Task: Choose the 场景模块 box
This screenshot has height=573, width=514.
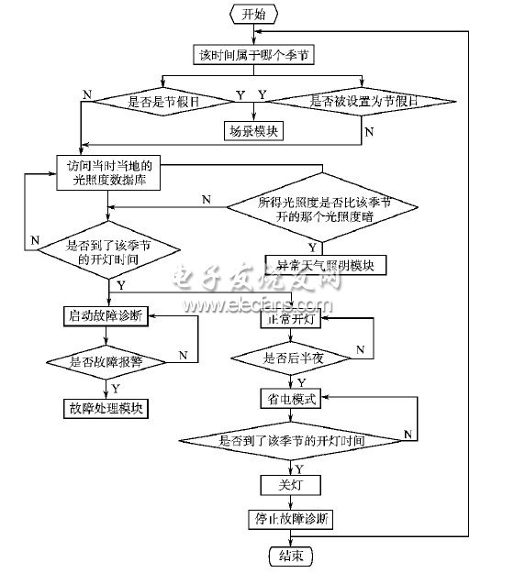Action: [253, 131]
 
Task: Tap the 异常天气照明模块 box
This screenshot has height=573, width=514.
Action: [326, 266]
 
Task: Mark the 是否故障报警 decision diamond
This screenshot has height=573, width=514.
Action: [107, 362]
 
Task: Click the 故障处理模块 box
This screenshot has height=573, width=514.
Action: [107, 407]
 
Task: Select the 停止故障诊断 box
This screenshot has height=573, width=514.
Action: [288, 518]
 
